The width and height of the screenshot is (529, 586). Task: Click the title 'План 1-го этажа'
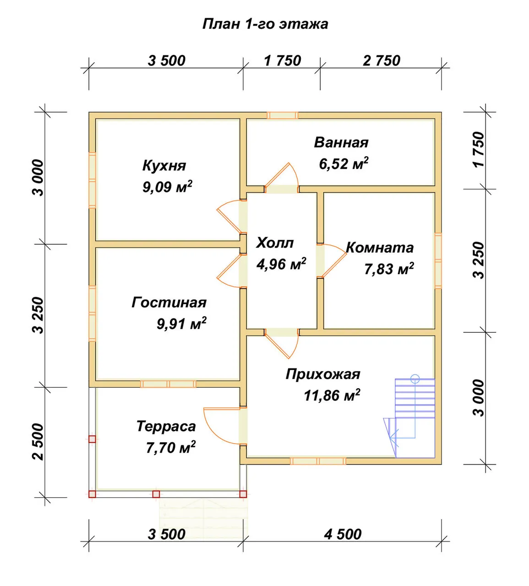(265, 24)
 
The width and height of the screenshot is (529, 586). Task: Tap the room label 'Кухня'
(164, 166)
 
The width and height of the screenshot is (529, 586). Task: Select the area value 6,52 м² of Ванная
(344, 163)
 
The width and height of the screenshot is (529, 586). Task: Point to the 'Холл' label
(275, 243)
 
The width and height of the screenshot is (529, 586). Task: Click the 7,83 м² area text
(389, 268)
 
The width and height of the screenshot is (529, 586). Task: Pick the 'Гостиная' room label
(169, 302)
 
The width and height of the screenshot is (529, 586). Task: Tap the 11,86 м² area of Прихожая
(332, 395)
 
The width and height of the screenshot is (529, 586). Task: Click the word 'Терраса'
(166, 426)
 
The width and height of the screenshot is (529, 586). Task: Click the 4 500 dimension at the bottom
(343, 534)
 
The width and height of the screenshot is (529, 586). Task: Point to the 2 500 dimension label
(38, 442)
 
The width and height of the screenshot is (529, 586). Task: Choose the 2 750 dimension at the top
(382, 61)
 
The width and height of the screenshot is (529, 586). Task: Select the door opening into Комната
(333, 260)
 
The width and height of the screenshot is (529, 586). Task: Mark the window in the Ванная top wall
(282, 115)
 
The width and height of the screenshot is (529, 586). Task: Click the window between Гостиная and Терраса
(168, 384)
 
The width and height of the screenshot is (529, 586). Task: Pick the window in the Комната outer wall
(438, 260)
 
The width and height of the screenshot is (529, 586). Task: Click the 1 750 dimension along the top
(282, 61)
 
